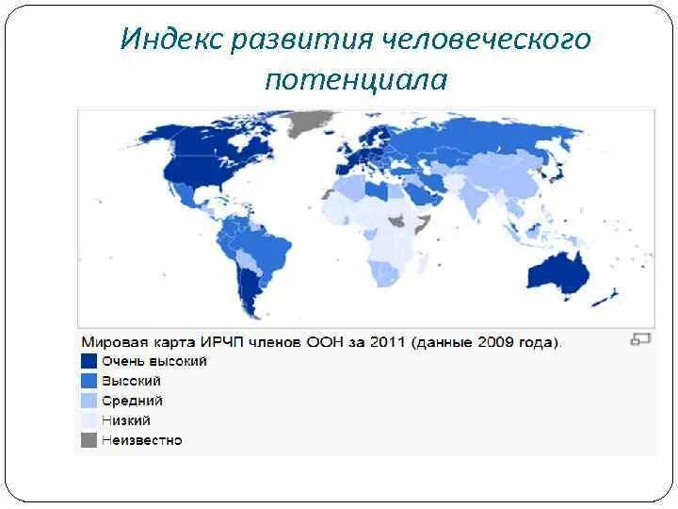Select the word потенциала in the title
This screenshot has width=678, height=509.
coord(356,79)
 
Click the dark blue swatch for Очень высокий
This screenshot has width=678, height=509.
coord(89,361)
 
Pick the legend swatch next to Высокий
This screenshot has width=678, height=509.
coord(89,381)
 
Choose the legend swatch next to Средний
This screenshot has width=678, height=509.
coord(89,401)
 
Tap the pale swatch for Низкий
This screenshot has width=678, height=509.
coord(89,420)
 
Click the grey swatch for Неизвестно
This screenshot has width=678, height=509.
coord(89,440)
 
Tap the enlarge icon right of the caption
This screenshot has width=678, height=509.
coord(640,339)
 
